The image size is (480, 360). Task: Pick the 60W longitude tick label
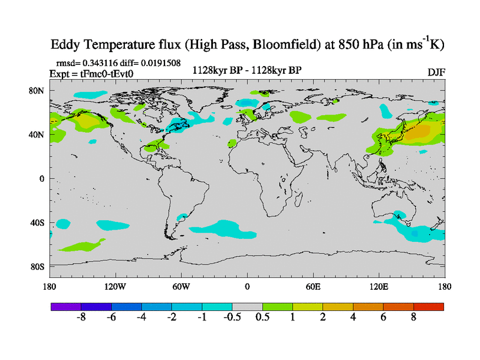click(x=181, y=287)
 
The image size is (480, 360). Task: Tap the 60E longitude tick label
click(x=313, y=287)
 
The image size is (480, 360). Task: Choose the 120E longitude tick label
click(x=379, y=287)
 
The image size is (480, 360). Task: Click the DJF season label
click(x=436, y=73)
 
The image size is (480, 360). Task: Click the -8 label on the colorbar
click(x=81, y=317)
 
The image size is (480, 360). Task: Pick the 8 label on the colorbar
click(x=413, y=317)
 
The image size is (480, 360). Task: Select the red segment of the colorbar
click(x=428, y=307)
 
